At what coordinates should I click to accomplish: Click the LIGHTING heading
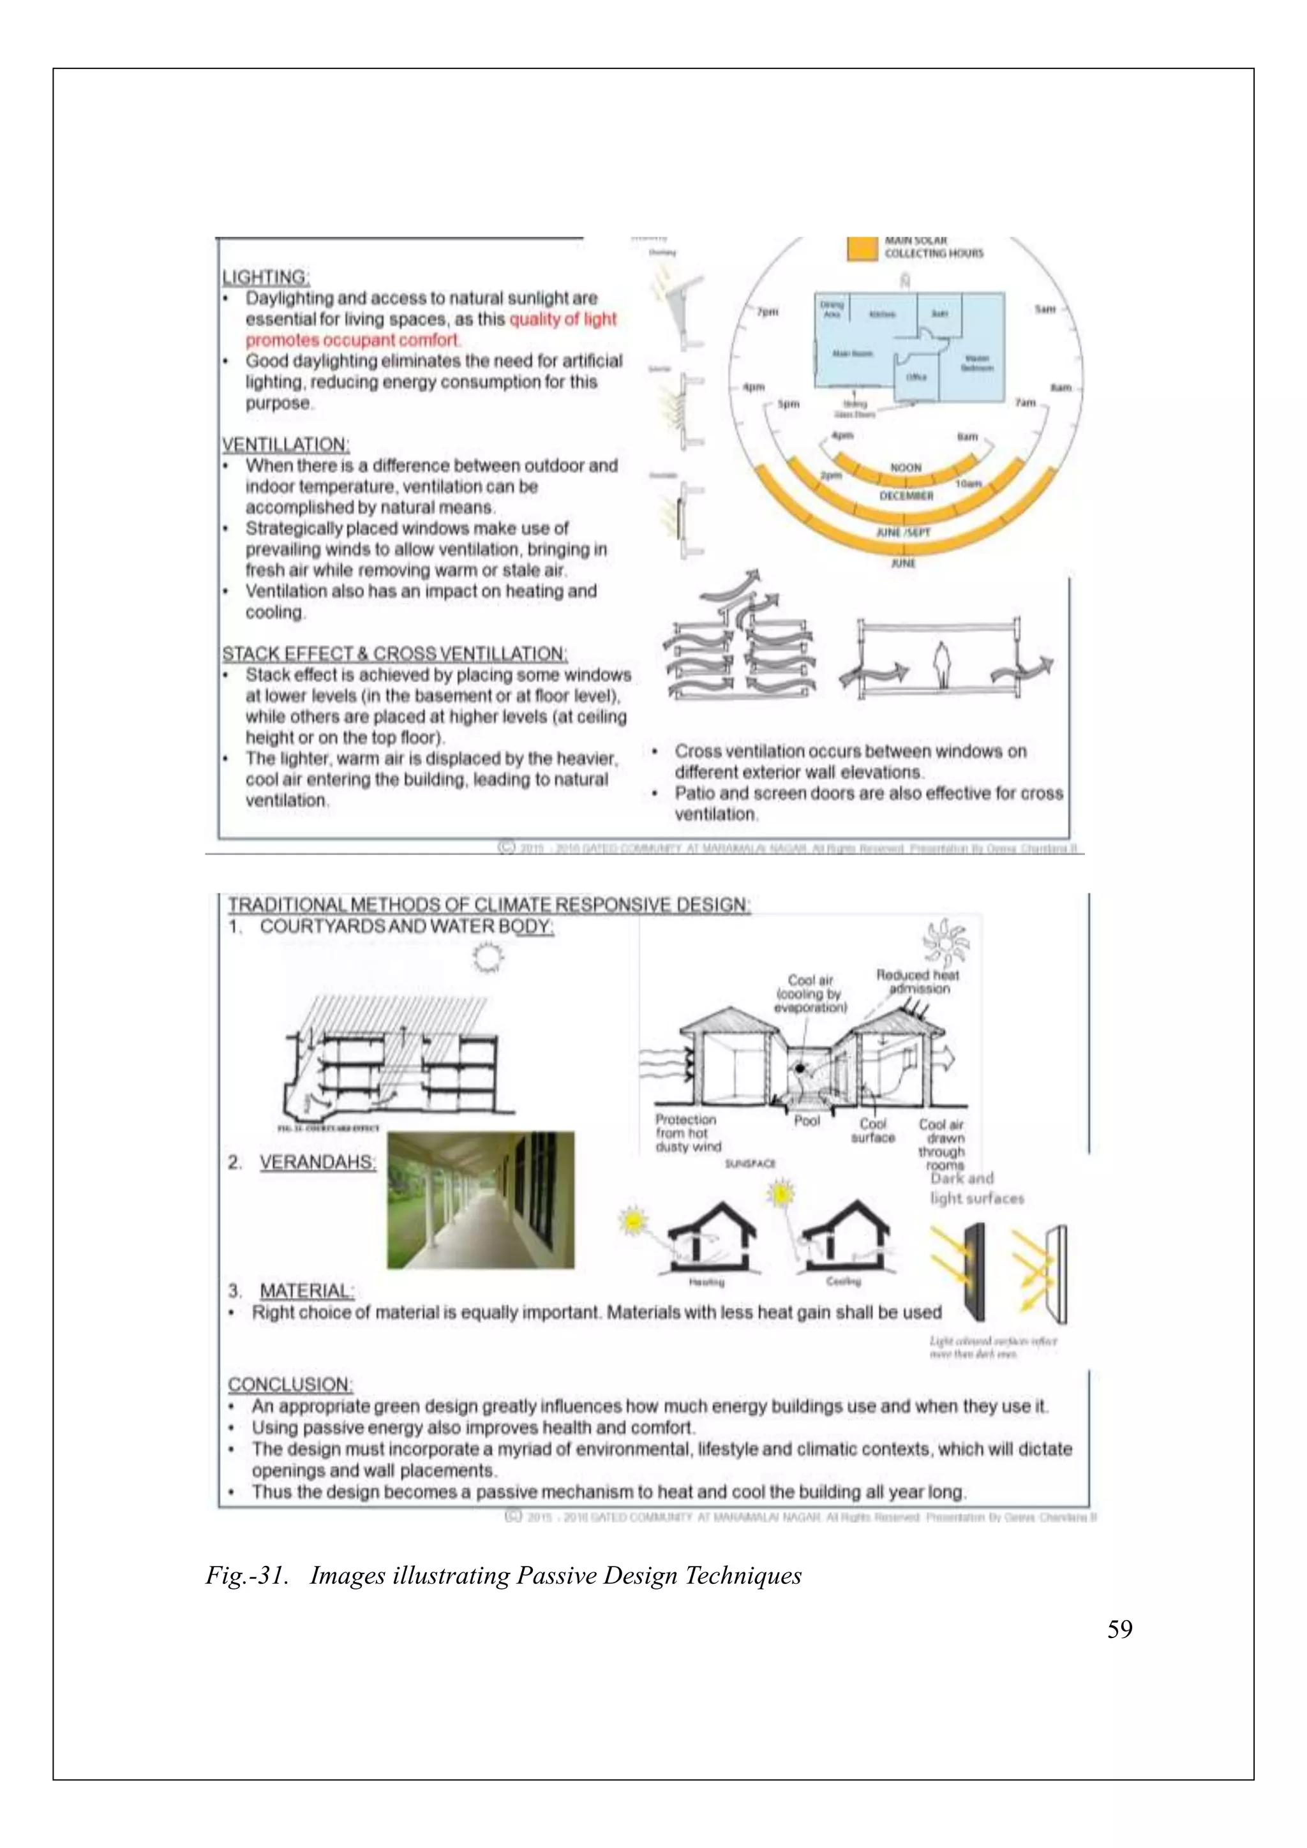click(265, 277)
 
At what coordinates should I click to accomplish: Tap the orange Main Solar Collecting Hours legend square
click(863, 248)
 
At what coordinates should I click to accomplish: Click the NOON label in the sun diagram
click(906, 468)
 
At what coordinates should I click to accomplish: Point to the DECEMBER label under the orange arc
click(906, 496)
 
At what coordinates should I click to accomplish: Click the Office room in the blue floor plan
click(916, 376)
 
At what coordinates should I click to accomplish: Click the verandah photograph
click(481, 1200)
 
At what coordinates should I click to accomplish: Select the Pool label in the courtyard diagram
click(807, 1121)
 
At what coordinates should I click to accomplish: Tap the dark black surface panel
click(975, 1272)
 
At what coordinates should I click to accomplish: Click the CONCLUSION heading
click(290, 1384)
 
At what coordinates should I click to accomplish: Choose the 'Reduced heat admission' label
click(918, 981)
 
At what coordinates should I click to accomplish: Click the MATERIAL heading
click(306, 1291)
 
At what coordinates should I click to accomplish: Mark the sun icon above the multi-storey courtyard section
click(487, 958)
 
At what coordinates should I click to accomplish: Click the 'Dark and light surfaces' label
click(976, 1188)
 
